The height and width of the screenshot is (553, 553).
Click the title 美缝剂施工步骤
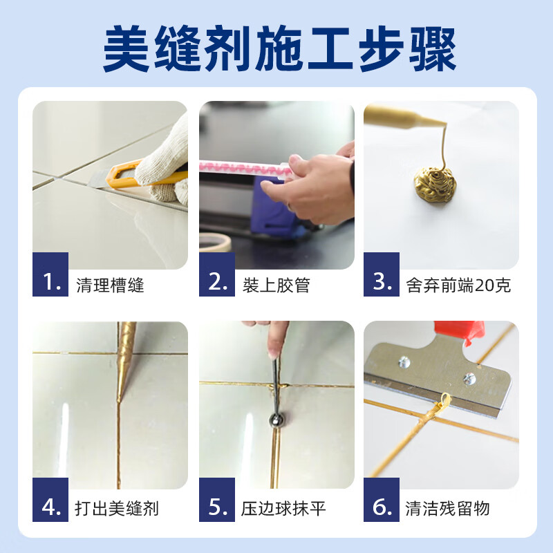tap(280, 48)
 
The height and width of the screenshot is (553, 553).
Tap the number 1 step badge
tap(50, 274)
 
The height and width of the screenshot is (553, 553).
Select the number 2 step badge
tap(217, 274)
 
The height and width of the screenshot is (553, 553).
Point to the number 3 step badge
tap(382, 274)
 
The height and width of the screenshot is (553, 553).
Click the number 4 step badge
tap(50, 499)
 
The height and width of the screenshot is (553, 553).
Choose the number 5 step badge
tap(217, 499)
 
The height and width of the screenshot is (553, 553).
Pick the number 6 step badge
tap(382, 499)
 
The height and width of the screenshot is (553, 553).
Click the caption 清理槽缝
tap(110, 285)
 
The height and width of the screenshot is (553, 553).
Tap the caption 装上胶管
tap(276, 285)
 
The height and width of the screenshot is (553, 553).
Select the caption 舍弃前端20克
tap(458, 285)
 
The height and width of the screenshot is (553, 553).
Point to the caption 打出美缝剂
tap(117, 508)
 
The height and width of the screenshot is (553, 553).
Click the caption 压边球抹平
tap(283, 508)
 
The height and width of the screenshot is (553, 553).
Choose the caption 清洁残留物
tap(447, 508)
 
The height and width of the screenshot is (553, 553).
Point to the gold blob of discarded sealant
tap(435, 184)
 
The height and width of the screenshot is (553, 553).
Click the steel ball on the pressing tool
tap(276, 420)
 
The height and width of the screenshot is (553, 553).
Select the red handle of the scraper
tap(459, 332)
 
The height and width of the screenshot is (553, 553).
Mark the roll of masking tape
tap(215, 242)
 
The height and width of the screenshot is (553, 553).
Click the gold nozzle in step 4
tap(125, 359)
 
